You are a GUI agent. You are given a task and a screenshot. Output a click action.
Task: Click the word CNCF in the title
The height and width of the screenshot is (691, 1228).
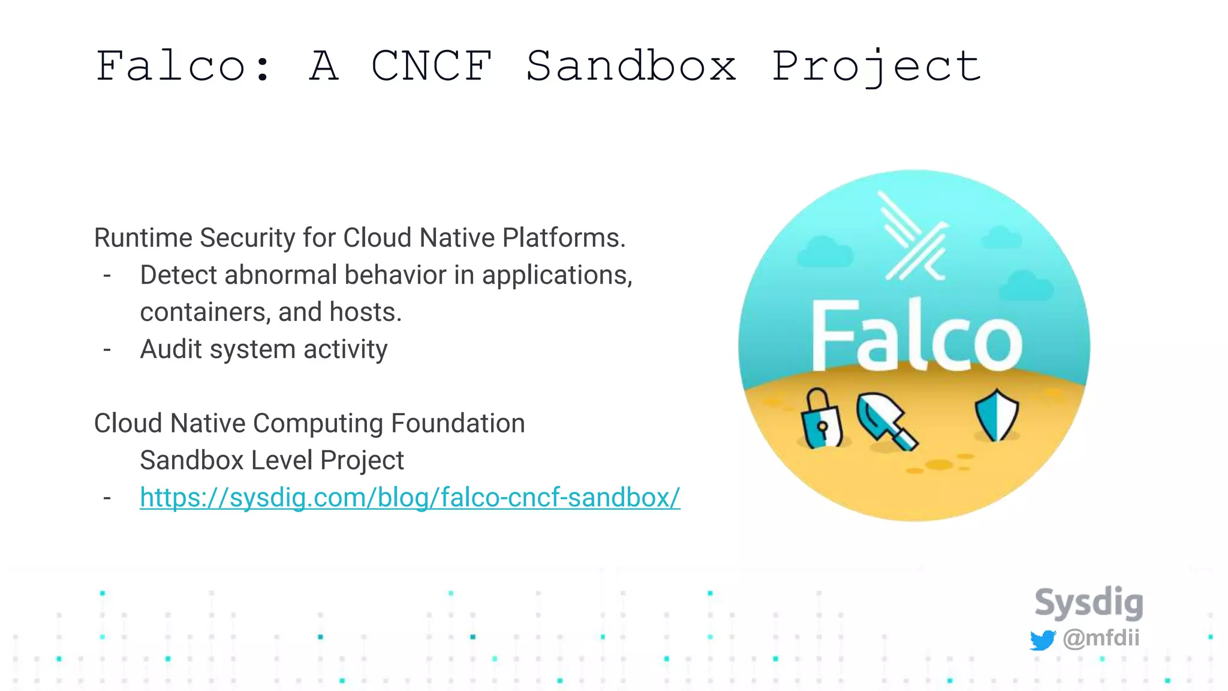click(432, 66)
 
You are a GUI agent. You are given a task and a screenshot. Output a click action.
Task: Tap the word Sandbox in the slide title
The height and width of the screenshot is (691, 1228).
click(631, 66)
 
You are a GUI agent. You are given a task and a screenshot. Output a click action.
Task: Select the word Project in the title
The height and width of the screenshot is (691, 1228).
click(876, 67)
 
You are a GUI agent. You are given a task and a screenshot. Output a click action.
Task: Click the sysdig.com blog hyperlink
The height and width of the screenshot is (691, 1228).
click(410, 497)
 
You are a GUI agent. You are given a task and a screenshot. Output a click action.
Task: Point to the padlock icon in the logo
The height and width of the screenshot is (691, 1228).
click(821, 419)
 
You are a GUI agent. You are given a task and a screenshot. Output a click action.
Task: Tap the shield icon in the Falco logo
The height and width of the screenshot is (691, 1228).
click(997, 414)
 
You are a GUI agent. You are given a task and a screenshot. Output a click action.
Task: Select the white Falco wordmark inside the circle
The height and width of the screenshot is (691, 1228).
click(916, 337)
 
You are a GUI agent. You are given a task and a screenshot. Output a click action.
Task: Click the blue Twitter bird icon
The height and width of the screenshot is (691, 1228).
click(1043, 639)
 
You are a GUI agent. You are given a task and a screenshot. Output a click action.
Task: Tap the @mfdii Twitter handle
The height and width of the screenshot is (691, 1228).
click(1101, 638)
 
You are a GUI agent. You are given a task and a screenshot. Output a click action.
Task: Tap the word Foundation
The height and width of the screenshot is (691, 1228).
click(458, 423)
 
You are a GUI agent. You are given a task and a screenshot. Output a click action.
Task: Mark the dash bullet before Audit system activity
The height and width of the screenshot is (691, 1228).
click(107, 350)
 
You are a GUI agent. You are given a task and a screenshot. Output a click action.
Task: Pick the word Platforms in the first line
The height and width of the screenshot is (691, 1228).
click(563, 238)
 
